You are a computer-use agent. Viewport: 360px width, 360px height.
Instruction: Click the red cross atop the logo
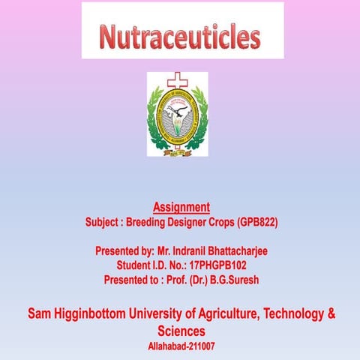177,79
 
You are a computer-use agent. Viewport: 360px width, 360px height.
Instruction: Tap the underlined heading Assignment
181,206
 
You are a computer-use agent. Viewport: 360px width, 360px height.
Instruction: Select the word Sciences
181,330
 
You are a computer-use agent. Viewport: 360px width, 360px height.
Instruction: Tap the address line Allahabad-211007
181,346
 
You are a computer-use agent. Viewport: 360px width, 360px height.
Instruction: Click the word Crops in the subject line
223,223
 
